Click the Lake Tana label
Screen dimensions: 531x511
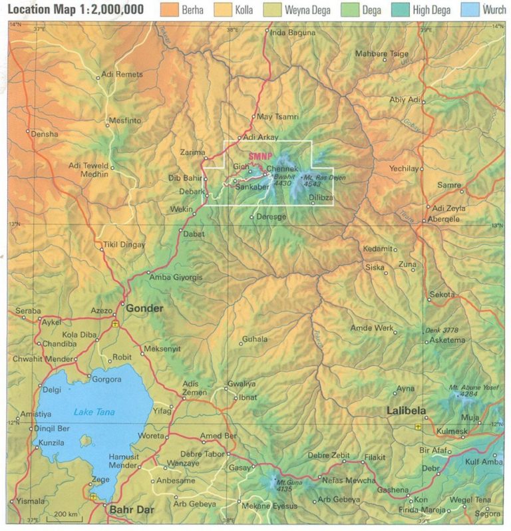pyautogui.click(x=94, y=412)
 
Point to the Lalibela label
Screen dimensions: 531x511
pyautogui.click(x=407, y=411)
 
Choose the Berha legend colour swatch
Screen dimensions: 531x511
pyautogui.click(x=170, y=10)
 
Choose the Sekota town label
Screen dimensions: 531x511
pyautogui.click(x=443, y=294)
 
